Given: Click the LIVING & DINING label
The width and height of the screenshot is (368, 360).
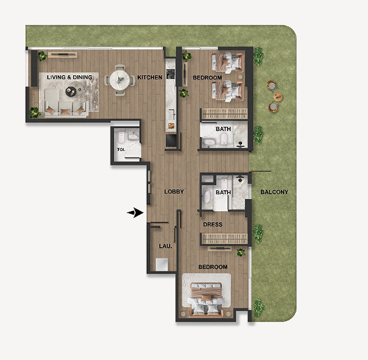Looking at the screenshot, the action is click(70, 77).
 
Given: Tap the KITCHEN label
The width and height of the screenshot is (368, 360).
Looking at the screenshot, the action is click(150, 77).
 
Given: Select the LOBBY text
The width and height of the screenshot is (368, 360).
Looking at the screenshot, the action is click(174, 191).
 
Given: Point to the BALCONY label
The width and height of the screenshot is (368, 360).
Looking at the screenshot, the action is click(274, 192).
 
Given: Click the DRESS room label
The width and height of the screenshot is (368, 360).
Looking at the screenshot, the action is click(213, 224).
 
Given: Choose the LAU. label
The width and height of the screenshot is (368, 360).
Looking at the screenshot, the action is click(166, 246).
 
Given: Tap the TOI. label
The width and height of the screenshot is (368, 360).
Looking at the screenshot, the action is click(121, 150).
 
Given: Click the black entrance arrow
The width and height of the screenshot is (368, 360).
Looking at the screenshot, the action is click(135, 212).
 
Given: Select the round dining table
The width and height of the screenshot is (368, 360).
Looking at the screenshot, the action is click(120, 80).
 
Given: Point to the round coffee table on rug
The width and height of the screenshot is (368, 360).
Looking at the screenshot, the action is click(71, 91).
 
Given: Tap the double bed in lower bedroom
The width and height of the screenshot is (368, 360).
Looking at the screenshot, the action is click(206, 299).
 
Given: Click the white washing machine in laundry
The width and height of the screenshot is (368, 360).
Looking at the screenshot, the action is click(162, 265).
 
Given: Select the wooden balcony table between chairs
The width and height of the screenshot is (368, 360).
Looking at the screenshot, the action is click(278, 97).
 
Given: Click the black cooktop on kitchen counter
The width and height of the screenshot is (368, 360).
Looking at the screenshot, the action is click(170, 74).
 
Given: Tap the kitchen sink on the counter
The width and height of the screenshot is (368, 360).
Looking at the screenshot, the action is click(172, 114).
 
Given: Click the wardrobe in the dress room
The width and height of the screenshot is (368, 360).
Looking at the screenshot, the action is click(225, 239).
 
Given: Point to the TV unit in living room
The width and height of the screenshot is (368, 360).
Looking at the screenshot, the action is click(63, 55).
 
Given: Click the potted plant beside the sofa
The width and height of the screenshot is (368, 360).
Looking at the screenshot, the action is click(35, 113).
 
